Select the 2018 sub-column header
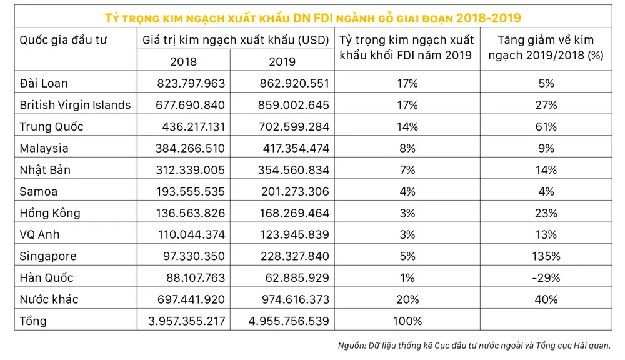pos(183,61)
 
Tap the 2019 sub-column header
pos(282,61)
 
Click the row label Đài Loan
pos(44,83)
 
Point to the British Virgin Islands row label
pos(75,105)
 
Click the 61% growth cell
pos(546,127)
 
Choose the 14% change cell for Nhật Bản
pos(546,170)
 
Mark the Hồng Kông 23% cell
pos(546,213)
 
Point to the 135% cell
pos(546,256)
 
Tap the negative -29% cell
pos(546,278)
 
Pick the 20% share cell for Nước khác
pos(406,299)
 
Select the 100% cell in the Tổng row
pos(406,321)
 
